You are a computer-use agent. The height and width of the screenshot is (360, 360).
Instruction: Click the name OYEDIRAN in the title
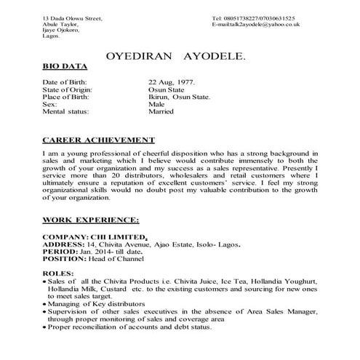137,55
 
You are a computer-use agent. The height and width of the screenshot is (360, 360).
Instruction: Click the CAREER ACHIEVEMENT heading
97,140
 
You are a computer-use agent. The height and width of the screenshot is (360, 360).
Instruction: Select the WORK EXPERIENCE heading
91,219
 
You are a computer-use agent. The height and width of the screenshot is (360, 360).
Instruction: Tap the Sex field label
49,105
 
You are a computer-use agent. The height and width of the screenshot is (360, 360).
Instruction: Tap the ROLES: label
56,273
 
